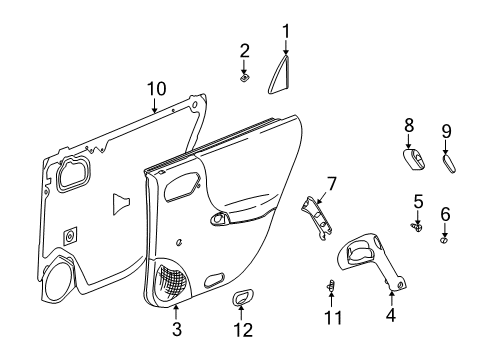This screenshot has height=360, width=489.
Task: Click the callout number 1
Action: [285, 31]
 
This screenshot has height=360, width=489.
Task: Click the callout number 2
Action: [244, 50]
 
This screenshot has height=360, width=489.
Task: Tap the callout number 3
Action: [176, 328]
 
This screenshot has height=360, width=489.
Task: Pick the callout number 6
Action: [445, 212]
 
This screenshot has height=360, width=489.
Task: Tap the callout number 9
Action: [446, 130]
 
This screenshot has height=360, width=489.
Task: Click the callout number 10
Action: [154, 89]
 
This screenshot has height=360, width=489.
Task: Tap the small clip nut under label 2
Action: [245, 75]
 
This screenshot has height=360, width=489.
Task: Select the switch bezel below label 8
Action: [410, 161]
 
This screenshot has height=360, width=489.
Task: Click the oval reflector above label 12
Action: [242, 297]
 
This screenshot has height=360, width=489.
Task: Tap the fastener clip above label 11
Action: [331, 287]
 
